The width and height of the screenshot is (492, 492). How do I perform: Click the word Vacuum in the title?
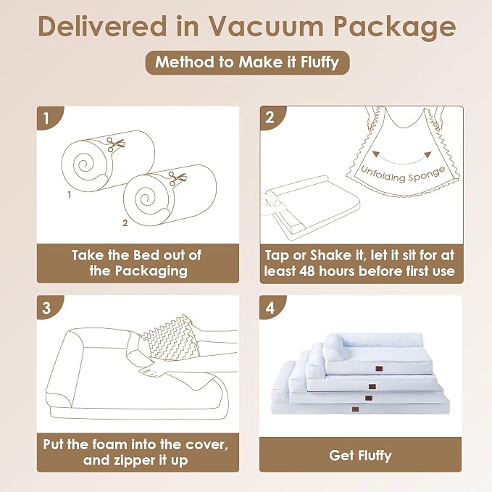coord(266,26)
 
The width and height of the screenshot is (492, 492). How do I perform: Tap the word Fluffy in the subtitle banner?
coord(320,62)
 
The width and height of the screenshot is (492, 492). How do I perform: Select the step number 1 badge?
coord(49,117)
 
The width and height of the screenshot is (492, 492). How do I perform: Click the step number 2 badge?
coord(272,117)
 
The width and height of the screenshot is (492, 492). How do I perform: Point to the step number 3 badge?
coord(49,307)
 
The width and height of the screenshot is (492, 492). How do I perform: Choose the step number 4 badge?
coord(272,307)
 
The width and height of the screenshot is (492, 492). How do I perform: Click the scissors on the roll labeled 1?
coord(115,144)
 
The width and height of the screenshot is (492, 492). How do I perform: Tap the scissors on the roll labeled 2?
coord(178,178)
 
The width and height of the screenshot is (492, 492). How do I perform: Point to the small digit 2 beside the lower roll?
coord(125,223)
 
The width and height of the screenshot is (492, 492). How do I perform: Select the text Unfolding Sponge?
coord(403,175)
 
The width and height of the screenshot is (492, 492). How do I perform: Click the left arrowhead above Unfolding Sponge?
coord(375,154)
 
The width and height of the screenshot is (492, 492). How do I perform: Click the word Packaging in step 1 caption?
coord(151,271)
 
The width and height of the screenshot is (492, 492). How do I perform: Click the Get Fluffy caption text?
coord(361,455)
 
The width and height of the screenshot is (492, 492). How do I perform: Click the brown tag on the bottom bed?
coord(355,409)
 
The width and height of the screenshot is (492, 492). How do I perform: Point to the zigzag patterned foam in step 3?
coord(172,338)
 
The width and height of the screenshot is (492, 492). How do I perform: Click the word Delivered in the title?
coord(103,26)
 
